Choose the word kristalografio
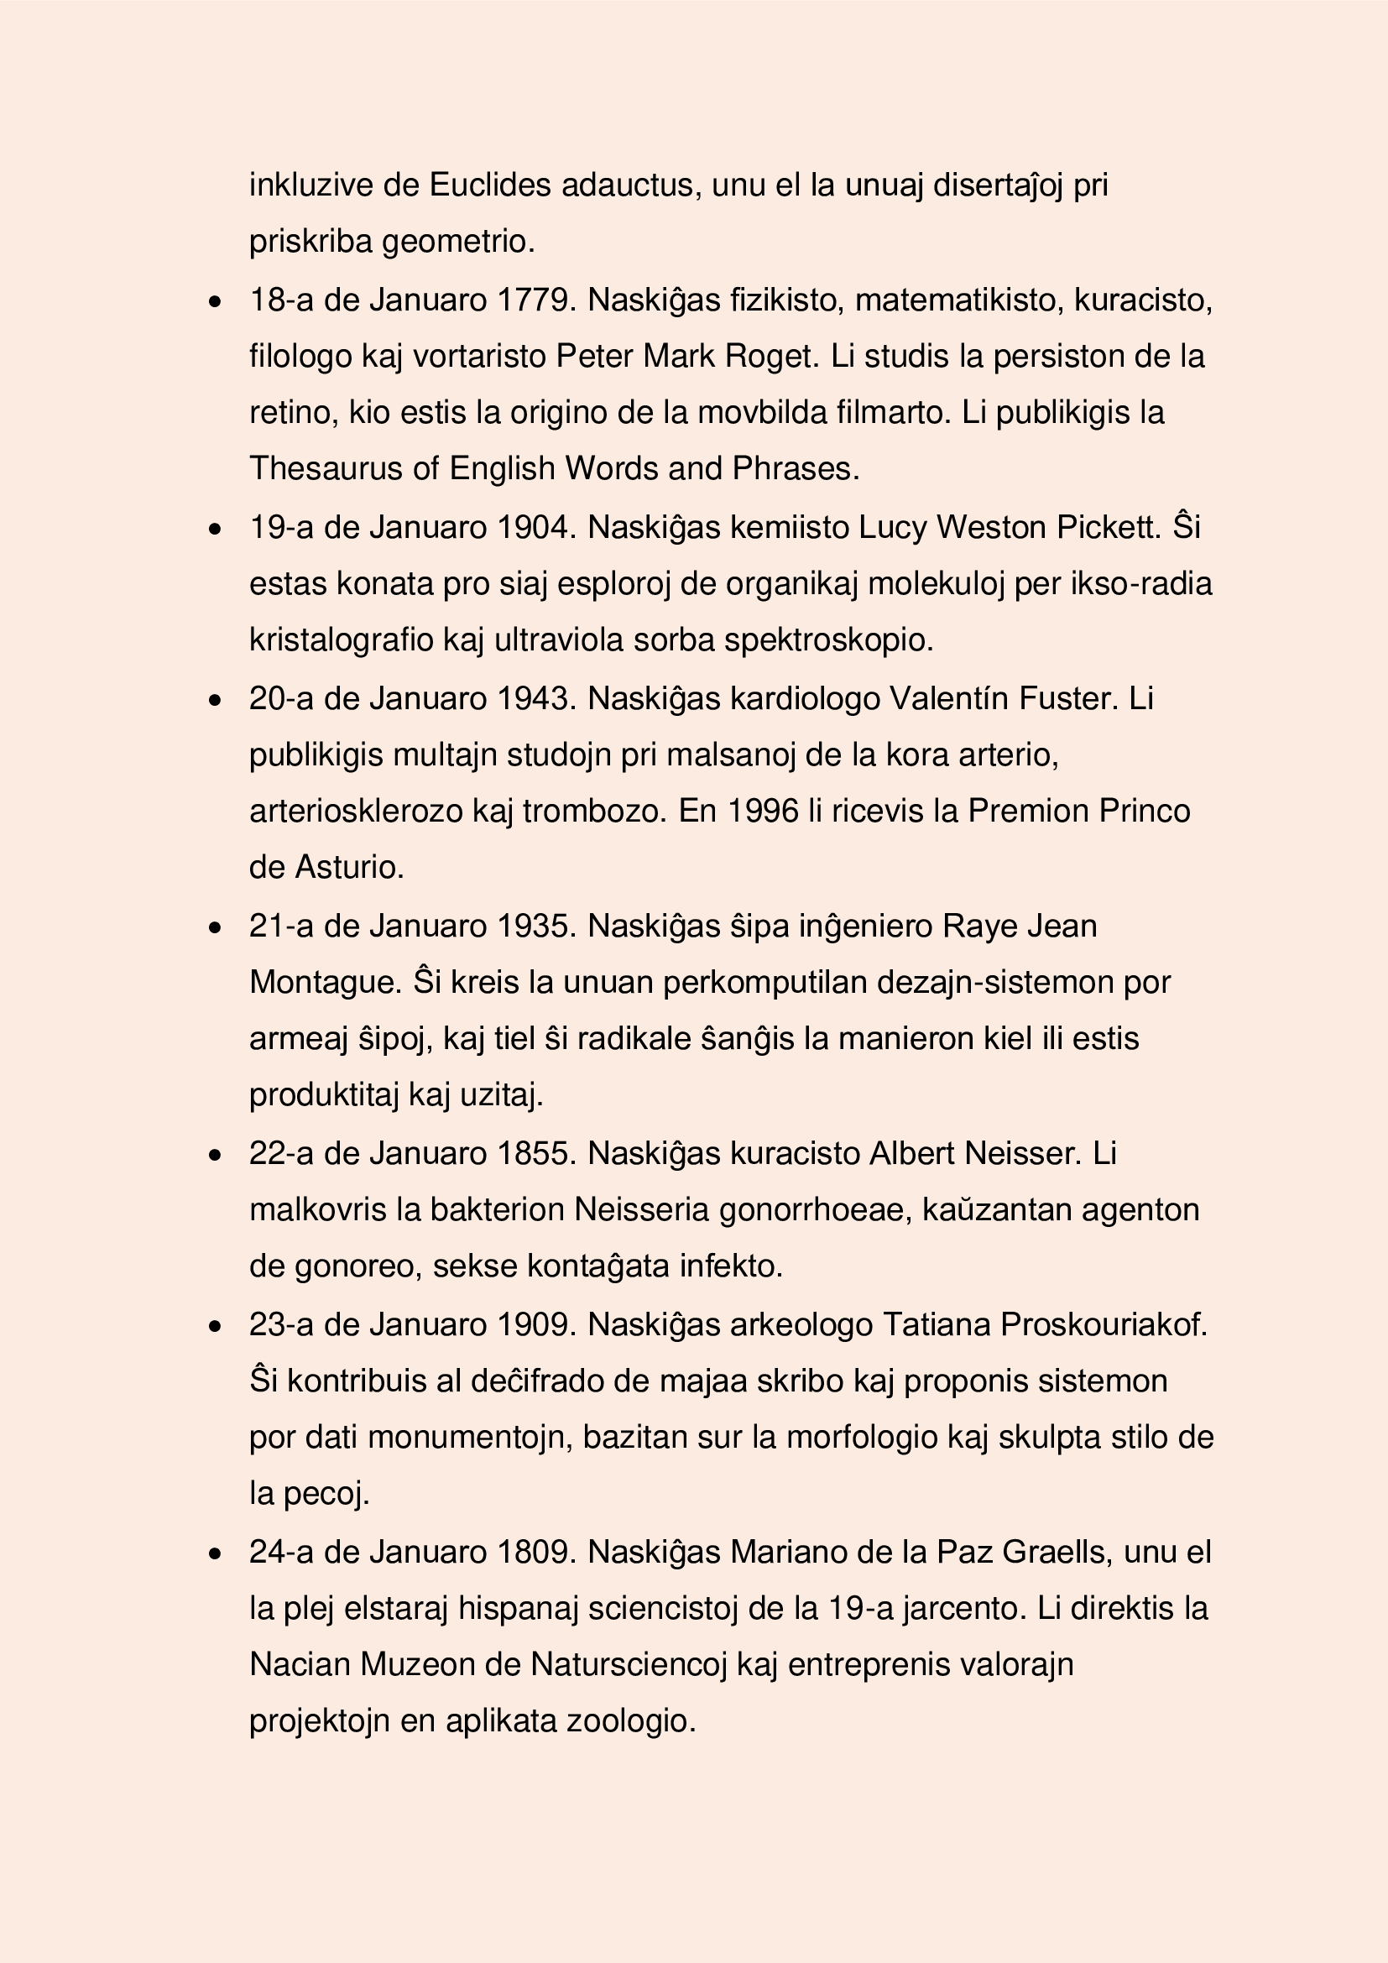coord(341,640)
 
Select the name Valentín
coord(949,698)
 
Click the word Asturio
coord(349,867)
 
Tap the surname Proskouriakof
coord(1104,1324)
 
